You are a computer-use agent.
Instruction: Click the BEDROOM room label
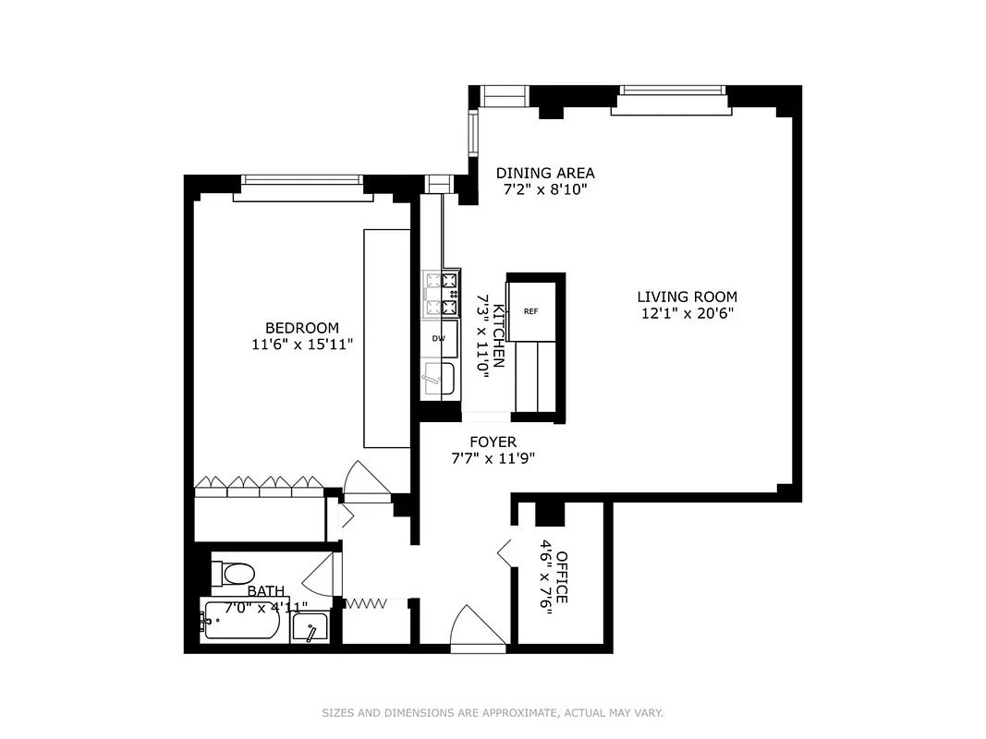tap(301, 328)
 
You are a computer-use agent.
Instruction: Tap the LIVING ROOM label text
tap(687, 297)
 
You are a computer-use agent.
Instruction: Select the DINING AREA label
tap(545, 173)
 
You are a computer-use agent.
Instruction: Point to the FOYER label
tap(493, 442)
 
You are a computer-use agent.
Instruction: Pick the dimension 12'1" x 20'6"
tap(687, 313)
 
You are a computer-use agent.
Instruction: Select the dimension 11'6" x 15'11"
tap(301, 345)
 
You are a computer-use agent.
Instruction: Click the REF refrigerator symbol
tap(531, 311)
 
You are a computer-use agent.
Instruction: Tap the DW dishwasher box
tap(440, 338)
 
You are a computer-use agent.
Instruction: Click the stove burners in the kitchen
tap(441, 294)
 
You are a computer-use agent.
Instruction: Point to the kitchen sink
tap(442, 379)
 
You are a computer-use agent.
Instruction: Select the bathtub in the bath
tap(242, 624)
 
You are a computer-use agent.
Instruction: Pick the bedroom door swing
tap(367, 479)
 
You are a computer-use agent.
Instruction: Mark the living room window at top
tap(670, 91)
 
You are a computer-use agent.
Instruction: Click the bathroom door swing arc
tap(318, 577)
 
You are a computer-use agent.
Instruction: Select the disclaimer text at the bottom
tap(493, 712)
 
